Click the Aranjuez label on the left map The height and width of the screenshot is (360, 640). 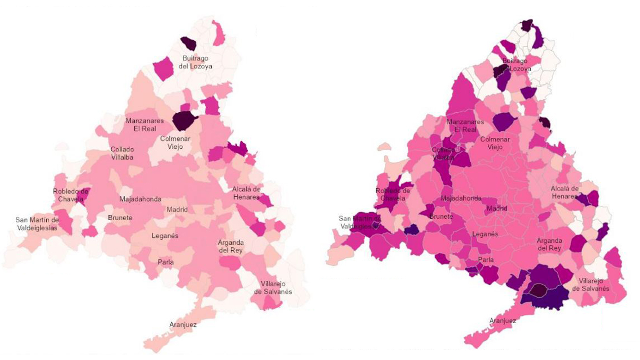coord(183,325)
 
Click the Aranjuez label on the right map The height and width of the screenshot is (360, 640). coord(503,321)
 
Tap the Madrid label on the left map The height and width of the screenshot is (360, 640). coord(177,209)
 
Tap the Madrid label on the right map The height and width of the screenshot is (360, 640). coord(497,208)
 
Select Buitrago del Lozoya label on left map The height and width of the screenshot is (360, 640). coord(196,62)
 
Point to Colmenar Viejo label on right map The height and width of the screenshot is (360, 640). coord(495,143)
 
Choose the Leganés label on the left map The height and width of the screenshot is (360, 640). coord(164,236)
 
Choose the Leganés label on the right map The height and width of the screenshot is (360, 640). coord(485,234)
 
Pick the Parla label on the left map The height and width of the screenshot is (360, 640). coord(165,262)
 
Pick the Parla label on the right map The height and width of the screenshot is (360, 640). coord(486,260)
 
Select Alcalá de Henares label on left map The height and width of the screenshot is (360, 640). coord(246,193)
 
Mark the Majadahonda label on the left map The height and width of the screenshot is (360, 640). coord(140,199)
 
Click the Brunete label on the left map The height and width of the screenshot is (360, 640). coord(120,218)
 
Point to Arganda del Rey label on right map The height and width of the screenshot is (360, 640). coord(548,244)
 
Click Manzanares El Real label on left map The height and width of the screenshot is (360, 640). coord(141,125)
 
